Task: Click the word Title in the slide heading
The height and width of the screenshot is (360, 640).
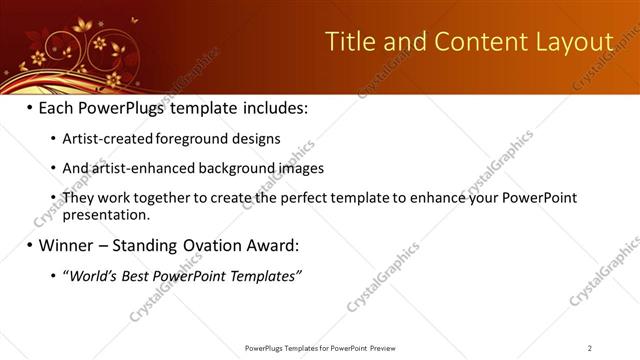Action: point(353,41)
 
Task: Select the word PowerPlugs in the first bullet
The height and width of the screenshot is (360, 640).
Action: point(122,106)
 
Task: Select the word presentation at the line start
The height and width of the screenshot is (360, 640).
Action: point(106,214)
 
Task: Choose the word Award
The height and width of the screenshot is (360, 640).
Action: point(271,245)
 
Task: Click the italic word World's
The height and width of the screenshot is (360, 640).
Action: point(91,275)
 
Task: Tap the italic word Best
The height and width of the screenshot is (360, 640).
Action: point(138,275)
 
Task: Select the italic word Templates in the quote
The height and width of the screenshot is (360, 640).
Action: point(265,275)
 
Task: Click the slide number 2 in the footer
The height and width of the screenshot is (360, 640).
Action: point(590,348)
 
